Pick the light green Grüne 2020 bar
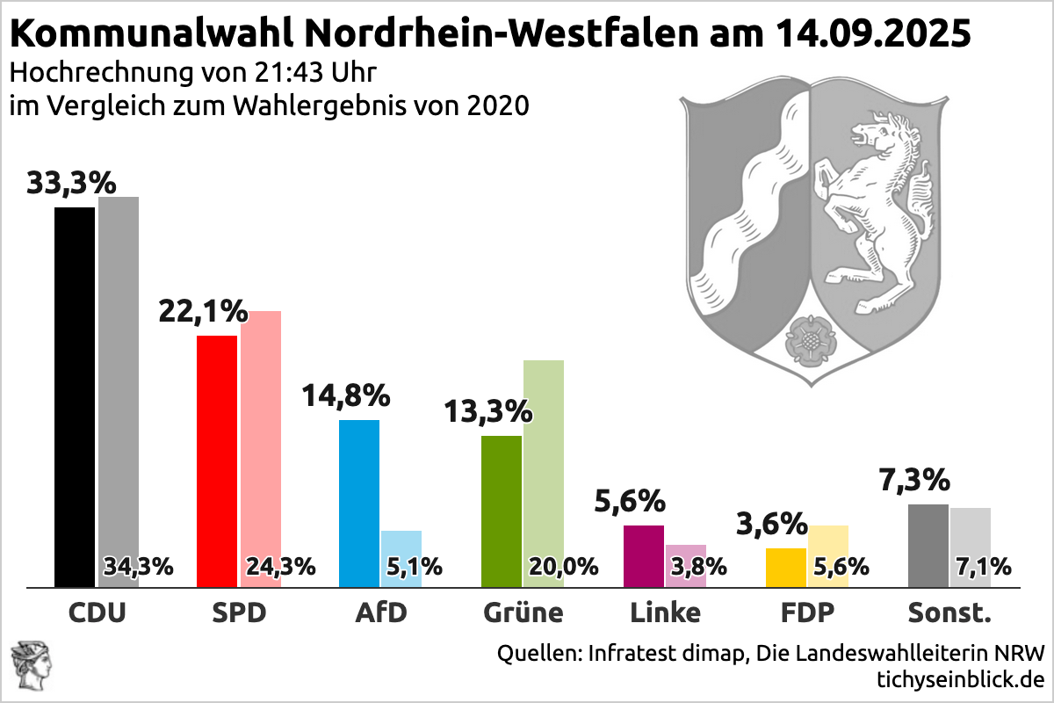tap(544, 457)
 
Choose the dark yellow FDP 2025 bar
tap(786, 567)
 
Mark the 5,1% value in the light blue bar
tap(414, 567)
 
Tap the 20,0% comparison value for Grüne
tap(562, 567)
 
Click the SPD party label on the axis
tap(239, 612)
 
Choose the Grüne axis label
tap(523, 612)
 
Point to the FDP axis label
tap(808, 612)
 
